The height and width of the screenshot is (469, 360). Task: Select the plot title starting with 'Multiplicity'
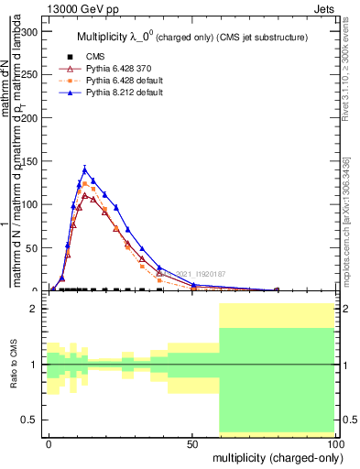point(189,37)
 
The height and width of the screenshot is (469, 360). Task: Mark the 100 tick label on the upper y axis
point(29,204)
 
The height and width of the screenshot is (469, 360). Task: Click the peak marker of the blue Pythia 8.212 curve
point(84,169)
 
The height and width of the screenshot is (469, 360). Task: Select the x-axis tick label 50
point(191,442)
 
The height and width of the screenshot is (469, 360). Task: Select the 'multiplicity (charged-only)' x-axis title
point(274,456)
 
